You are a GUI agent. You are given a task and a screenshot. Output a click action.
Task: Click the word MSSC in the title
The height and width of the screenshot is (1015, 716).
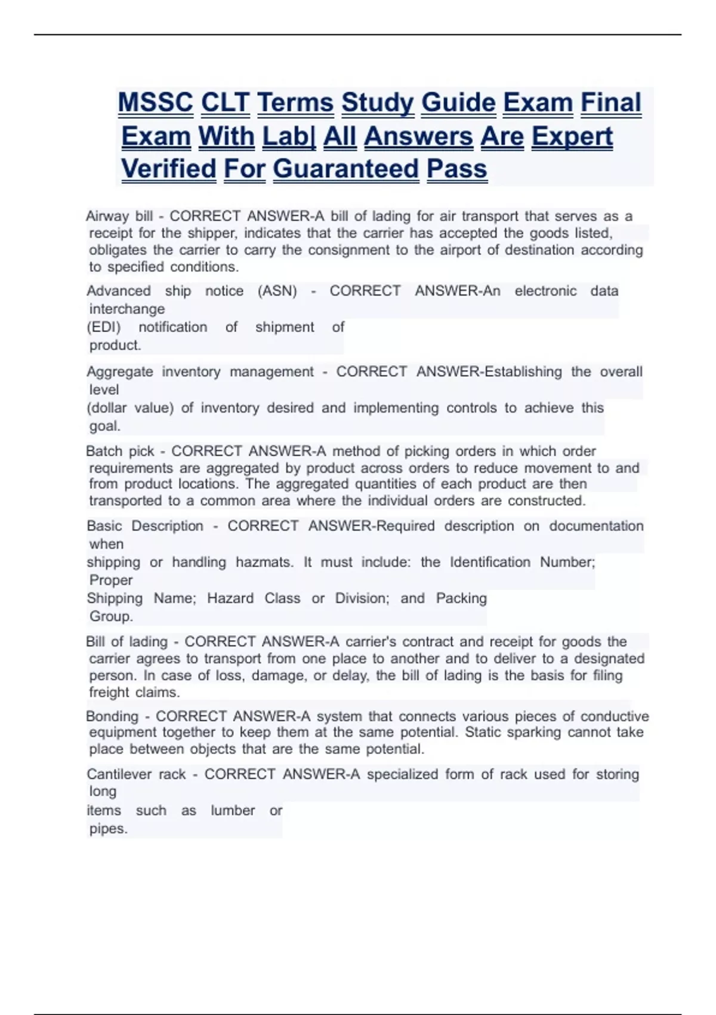(155, 103)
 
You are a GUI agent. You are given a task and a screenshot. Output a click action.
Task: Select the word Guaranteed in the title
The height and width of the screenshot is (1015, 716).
(346, 169)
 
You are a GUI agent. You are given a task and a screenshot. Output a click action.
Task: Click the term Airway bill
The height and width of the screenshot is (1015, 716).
(119, 216)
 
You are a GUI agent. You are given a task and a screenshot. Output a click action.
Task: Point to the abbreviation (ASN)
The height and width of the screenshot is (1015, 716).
(277, 291)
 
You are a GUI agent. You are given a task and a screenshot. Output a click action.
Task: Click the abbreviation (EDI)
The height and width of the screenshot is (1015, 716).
(104, 327)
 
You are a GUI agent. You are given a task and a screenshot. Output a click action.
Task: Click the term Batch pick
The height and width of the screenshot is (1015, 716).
(120, 451)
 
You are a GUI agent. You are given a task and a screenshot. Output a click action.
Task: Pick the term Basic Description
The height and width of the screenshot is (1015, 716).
(145, 526)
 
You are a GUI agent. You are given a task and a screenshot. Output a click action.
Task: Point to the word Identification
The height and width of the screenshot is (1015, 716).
(490, 562)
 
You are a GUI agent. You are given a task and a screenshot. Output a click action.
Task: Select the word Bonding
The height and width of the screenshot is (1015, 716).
(112, 716)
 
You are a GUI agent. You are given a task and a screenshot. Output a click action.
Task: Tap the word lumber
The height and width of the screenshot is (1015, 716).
(233, 811)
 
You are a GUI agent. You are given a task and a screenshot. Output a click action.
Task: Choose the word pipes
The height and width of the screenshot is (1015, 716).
(108, 829)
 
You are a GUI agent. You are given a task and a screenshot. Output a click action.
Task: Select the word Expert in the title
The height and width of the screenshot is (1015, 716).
(572, 136)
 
